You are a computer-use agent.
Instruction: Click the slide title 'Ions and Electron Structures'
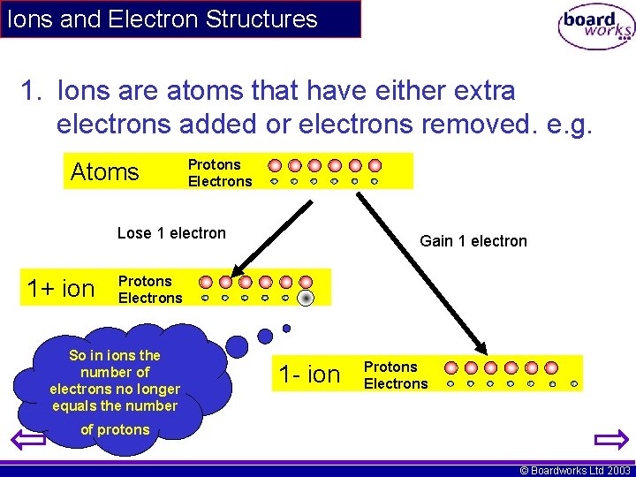pos(162,19)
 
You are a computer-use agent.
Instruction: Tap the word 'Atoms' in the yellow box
pos(104,171)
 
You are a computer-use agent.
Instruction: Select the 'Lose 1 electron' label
pos(171,233)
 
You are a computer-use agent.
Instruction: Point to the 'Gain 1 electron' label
pos(473,241)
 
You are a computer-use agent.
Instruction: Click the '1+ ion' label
pos(61,289)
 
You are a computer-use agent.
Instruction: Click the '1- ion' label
pos(309,375)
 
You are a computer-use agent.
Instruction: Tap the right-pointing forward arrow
pos(609,439)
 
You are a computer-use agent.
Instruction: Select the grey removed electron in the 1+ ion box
pos(306,298)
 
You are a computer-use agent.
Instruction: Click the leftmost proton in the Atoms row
pos(275,165)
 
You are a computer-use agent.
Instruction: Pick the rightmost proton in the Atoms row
pos(375,165)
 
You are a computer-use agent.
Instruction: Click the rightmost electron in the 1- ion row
pos(573,384)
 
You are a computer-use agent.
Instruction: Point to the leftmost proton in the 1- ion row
pos(451,367)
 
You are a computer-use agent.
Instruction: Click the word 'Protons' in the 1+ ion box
pos(145,282)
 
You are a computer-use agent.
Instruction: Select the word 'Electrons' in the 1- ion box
pos(396,383)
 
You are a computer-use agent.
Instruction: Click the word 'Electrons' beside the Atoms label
pos(220,181)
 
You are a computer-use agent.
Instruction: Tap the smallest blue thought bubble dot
pos(286,328)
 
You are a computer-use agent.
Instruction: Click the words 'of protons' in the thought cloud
pos(115,430)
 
